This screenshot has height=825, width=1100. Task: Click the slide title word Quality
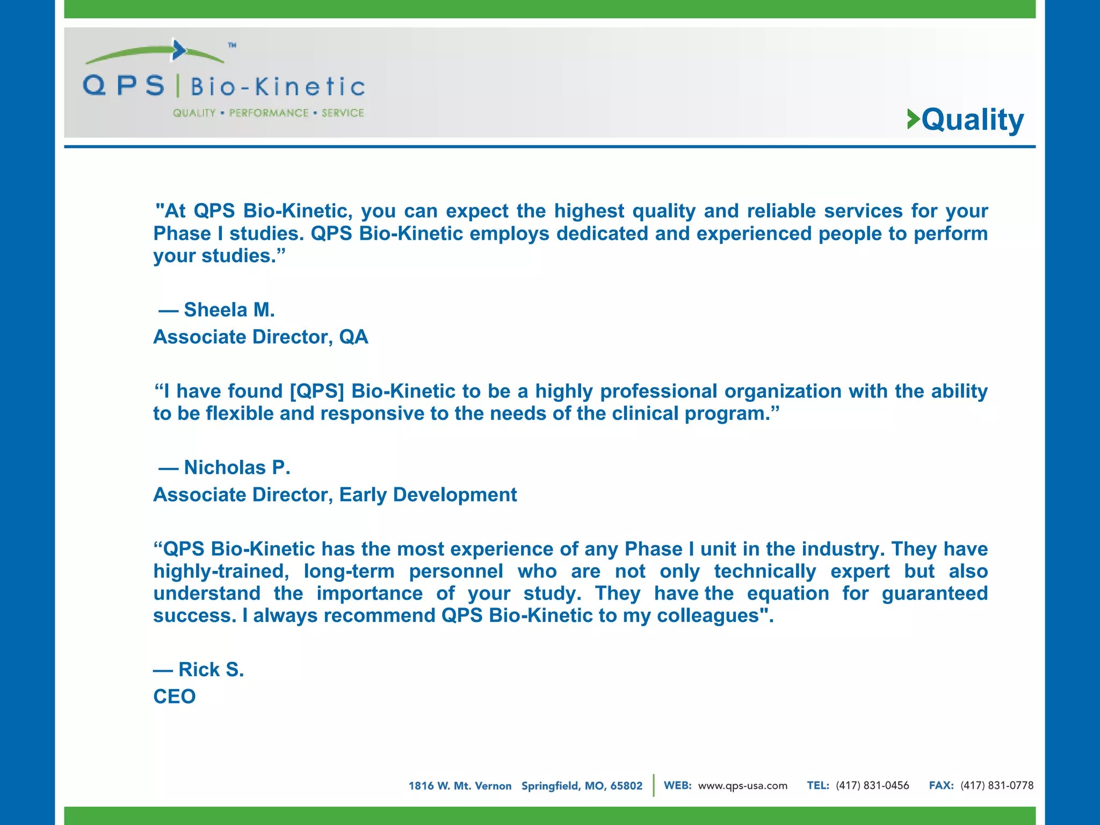(973, 119)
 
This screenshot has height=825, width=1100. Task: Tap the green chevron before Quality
(913, 119)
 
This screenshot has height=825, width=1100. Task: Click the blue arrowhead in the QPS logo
(179, 50)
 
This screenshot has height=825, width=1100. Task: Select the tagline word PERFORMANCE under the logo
(269, 113)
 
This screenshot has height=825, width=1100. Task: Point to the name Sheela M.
(229, 310)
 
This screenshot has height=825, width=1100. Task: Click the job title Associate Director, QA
(260, 337)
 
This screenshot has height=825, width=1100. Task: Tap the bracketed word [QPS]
(317, 391)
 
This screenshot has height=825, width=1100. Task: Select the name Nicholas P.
(237, 467)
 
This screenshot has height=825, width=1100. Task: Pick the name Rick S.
(211, 669)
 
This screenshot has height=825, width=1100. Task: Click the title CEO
(175, 697)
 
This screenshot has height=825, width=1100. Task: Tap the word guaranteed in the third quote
(935, 594)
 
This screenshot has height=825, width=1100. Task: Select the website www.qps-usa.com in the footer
(742, 786)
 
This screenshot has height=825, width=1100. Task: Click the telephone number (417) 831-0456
(872, 786)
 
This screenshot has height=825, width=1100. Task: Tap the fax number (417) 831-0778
(997, 786)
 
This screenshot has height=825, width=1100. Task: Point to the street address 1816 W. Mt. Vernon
(460, 786)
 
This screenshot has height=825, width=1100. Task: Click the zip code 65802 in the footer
(626, 786)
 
